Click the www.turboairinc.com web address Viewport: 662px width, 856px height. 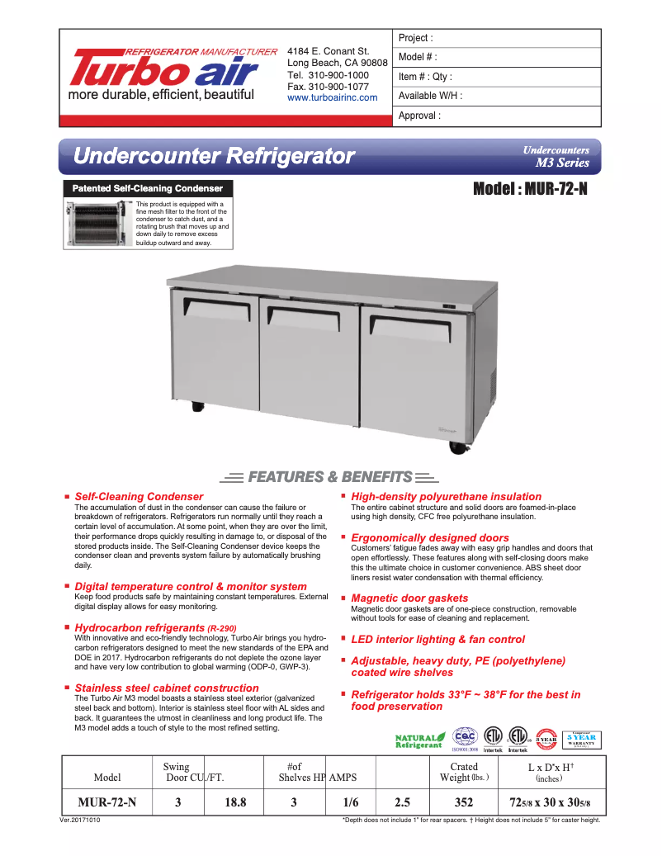[x=332, y=97]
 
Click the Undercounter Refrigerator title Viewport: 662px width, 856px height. [x=214, y=155]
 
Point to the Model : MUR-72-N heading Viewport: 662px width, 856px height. [x=530, y=188]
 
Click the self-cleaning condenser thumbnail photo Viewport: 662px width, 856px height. [x=98, y=224]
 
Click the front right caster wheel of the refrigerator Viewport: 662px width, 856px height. [x=457, y=447]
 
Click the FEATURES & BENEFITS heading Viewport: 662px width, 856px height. [x=329, y=476]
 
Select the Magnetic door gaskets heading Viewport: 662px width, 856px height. [x=409, y=598]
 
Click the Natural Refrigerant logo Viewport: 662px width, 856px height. [x=420, y=740]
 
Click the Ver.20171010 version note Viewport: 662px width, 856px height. [x=85, y=821]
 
